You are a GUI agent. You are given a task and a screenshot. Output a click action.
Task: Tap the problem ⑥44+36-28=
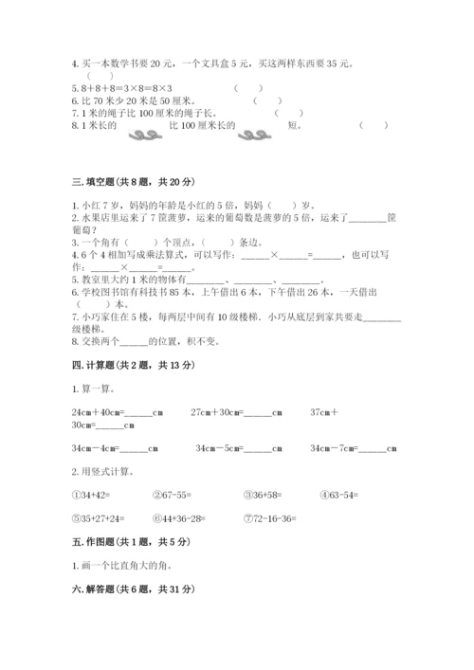coord(181,518)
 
